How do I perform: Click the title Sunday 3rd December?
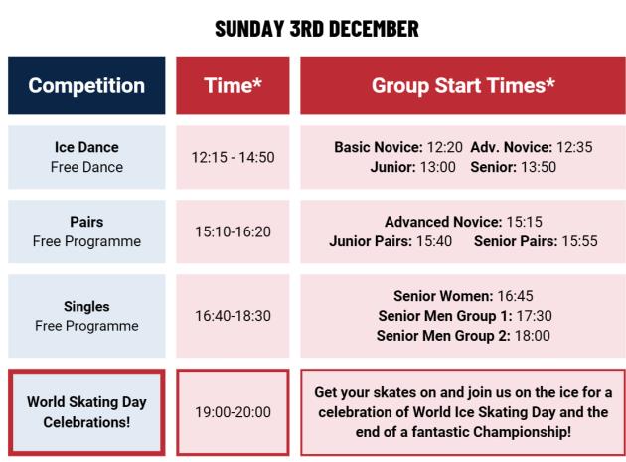point(316,28)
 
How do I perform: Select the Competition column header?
point(86,85)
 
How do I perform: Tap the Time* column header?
point(233,85)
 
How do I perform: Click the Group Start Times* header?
point(463,85)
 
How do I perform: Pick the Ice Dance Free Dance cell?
point(86,157)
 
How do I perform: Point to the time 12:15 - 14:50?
point(233,157)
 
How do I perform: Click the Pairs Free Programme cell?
point(86,231)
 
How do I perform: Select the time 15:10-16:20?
point(233,231)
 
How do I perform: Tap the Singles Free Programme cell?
point(86,316)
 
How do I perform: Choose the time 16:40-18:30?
point(233,316)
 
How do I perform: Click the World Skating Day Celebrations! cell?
point(86,412)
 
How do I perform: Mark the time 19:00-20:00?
point(233,412)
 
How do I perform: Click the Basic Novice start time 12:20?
point(442,147)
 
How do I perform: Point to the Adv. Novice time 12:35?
point(573,147)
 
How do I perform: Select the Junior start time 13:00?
point(436,166)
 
